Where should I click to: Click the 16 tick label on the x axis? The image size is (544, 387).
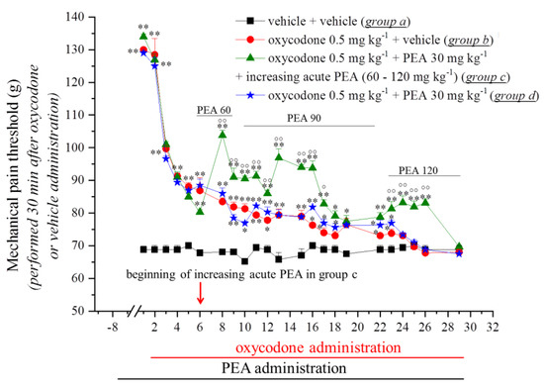click(x=312, y=326)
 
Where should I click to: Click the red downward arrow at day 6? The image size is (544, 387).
click(x=201, y=293)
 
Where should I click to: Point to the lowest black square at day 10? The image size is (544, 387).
click(x=244, y=261)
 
